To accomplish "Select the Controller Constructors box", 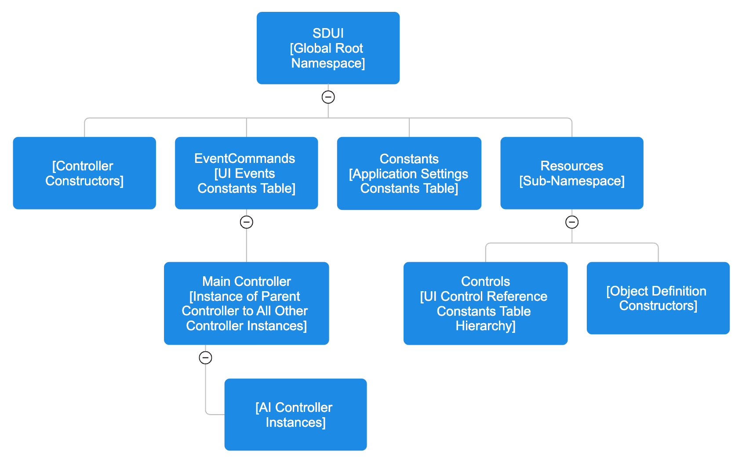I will click(x=84, y=173).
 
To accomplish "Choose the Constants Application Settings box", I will click(x=409, y=173).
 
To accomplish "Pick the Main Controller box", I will click(x=246, y=303).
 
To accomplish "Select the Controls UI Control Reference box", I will click(x=485, y=303).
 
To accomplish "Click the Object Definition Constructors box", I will click(x=658, y=298).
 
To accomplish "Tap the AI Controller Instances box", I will click(x=295, y=415).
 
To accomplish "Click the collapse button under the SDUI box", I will click(x=328, y=97).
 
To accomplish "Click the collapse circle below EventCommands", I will click(x=246, y=222).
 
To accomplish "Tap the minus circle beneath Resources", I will click(x=571, y=222).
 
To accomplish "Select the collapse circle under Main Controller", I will click(x=205, y=358).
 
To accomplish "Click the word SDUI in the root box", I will click(x=328, y=33).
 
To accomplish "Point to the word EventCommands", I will click(x=244, y=159).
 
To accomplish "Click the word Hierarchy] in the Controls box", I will click(x=485, y=326).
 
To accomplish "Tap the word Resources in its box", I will click(x=571, y=166).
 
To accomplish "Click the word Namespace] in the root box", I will click(x=328, y=63).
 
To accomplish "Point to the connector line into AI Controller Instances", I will click(x=215, y=414).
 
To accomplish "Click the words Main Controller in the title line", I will click(x=246, y=281).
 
